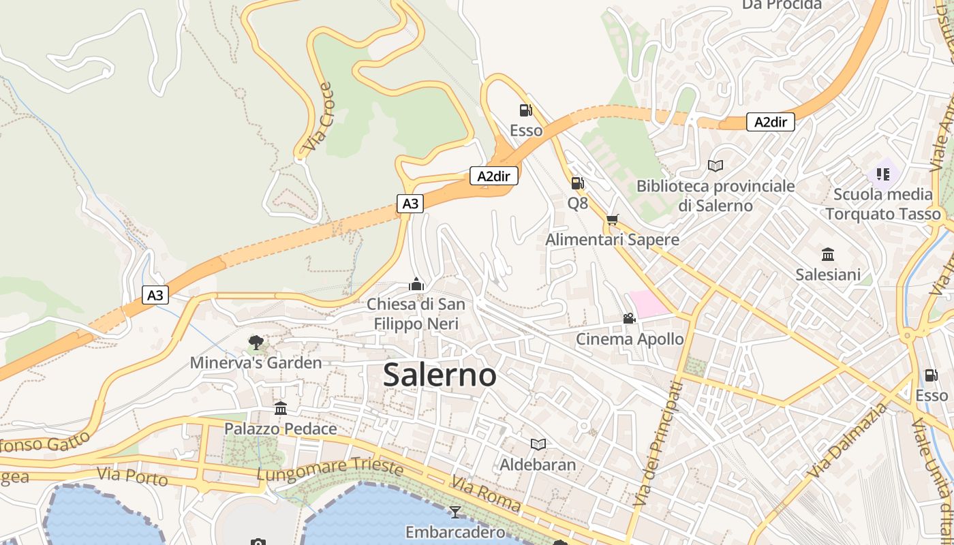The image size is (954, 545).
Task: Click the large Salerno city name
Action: (440, 375)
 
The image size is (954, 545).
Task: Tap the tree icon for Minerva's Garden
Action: (256, 342)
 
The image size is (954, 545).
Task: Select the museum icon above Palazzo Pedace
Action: (281, 408)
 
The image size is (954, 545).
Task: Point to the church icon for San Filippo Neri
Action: (416, 283)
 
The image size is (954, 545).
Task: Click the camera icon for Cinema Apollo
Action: (629, 318)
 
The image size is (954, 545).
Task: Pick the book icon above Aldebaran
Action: (538, 444)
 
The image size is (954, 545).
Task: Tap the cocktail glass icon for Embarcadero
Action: (455, 512)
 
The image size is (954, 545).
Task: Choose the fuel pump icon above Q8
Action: (577, 183)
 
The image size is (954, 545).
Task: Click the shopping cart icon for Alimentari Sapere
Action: (612, 219)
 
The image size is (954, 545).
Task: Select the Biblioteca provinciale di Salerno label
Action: (715, 196)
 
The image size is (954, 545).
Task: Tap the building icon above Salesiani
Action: (828, 254)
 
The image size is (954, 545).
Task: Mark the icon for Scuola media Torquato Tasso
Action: (883, 174)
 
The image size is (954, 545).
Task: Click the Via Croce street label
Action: (318, 117)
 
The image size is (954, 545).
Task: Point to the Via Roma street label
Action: (485, 494)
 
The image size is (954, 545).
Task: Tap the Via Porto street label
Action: (132, 476)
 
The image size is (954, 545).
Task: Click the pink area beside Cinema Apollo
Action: (648, 303)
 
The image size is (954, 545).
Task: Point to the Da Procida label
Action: (782, 5)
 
